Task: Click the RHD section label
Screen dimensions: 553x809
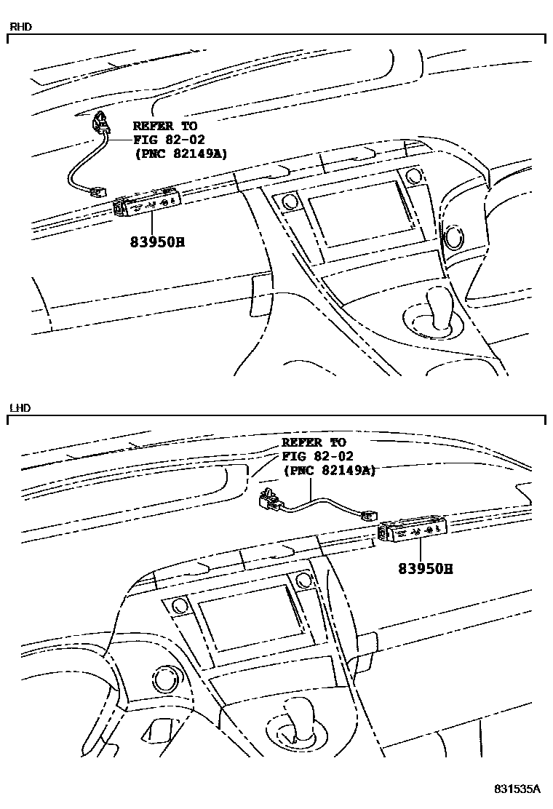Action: point(20,27)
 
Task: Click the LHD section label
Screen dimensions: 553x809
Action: point(19,408)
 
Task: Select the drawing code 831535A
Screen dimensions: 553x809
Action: point(517,789)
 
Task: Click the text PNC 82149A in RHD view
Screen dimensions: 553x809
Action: point(182,154)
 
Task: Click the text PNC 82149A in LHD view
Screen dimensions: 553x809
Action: point(329,470)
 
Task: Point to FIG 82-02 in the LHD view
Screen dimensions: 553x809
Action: point(317,456)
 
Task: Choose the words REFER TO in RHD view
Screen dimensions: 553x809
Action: point(165,126)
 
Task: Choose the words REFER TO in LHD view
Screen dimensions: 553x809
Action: point(314,442)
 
